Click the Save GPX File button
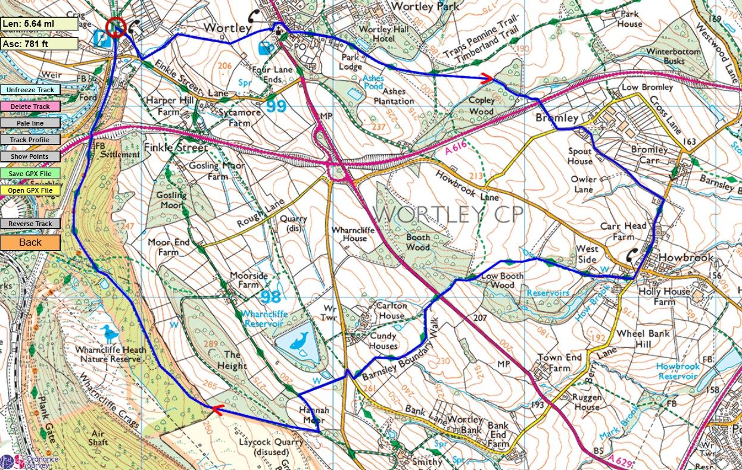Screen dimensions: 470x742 click(30, 174)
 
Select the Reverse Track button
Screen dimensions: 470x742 click(30, 224)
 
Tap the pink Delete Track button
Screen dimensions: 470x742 click(30, 106)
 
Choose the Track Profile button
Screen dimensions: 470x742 click(30, 140)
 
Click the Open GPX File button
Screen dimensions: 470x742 click(30, 190)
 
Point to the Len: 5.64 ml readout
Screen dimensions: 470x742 click(39, 24)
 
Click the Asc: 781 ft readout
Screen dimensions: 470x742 click(39, 43)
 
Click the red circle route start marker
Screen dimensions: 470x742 click(116, 27)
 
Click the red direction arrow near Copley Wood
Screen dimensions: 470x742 click(487, 78)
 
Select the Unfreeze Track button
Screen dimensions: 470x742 click(30, 90)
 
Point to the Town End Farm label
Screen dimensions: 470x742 click(559, 363)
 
